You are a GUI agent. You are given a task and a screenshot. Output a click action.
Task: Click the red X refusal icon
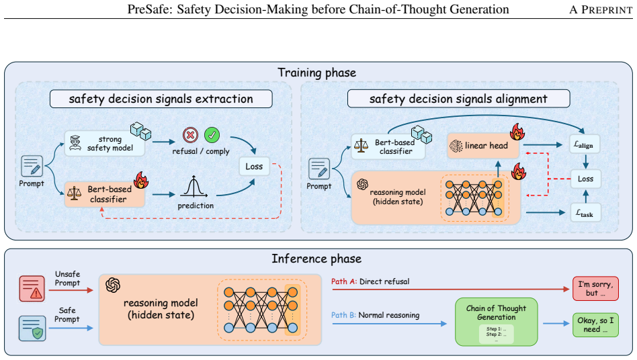[x=190, y=135]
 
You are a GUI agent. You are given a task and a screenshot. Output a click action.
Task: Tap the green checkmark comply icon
[x=212, y=135]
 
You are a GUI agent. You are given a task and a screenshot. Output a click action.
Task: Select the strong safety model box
[x=104, y=144]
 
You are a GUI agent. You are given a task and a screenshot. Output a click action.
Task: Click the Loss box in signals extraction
[x=254, y=167]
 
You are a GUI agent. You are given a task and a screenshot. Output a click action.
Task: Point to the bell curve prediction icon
[x=194, y=187]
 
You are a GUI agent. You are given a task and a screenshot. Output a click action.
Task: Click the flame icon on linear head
[x=517, y=132]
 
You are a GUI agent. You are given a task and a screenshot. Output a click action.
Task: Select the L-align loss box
[x=584, y=144]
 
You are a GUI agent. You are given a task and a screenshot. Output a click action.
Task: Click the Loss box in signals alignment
[x=585, y=179]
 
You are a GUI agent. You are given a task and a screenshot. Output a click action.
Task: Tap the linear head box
[x=483, y=146]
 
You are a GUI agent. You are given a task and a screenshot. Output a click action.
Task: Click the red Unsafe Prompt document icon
[x=32, y=289]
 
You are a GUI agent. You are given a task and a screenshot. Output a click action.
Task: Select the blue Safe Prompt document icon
[x=32, y=328]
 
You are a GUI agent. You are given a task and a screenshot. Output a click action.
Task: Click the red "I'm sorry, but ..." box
[x=595, y=289]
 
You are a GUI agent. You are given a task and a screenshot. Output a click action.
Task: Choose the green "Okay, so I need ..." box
[x=595, y=324]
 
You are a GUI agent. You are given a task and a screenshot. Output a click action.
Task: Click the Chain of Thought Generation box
[x=496, y=322]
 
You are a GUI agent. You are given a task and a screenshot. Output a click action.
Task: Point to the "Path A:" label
[x=344, y=281]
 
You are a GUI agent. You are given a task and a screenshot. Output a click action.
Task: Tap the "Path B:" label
[x=343, y=316]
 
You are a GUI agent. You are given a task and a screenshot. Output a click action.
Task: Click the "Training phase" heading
[x=317, y=73]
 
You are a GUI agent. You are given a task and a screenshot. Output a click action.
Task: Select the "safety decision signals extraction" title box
[x=161, y=99]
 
